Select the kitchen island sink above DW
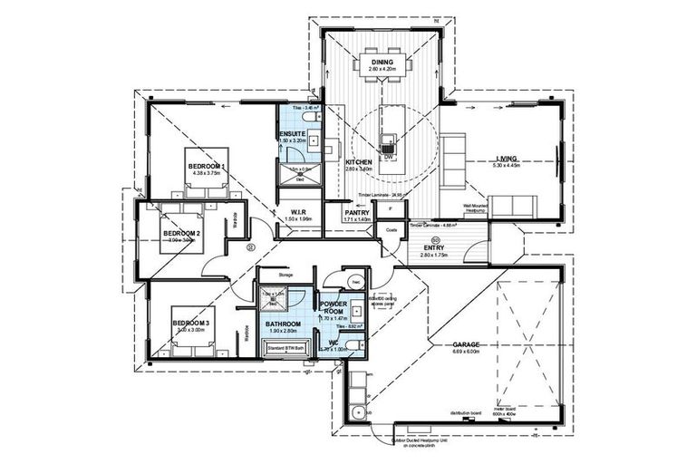(x=389, y=140)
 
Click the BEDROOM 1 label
(x=207, y=167)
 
